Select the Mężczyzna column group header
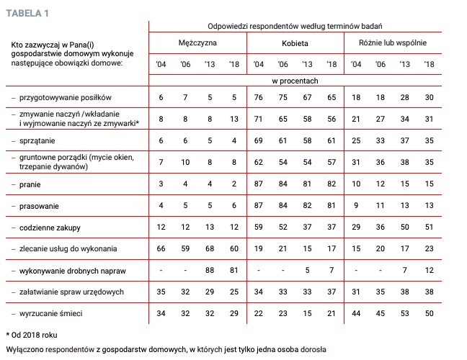pyautogui.click(x=197, y=42)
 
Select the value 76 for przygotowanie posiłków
pyautogui.click(x=259, y=96)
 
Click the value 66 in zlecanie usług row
pyautogui.click(x=161, y=248)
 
